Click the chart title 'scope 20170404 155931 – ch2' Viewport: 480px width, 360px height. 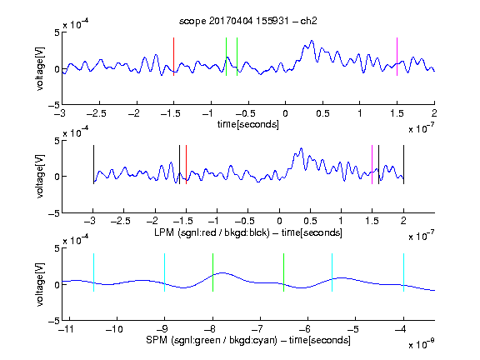(248, 21)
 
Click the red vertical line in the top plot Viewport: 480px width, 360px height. (174, 57)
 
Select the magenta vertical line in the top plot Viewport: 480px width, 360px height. (397, 57)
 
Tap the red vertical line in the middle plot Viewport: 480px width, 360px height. (186, 165)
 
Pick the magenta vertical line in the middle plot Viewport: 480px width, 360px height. (372, 165)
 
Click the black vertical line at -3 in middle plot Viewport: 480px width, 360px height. (93, 165)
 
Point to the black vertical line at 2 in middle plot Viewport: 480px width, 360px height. (404, 165)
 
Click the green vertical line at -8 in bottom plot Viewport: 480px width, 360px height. (212, 272)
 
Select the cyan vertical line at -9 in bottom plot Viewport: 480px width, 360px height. (165, 272)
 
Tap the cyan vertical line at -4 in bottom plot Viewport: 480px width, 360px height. (404, 272)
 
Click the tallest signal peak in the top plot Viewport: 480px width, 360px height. (312, 40)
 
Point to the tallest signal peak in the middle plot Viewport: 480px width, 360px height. (302, 148)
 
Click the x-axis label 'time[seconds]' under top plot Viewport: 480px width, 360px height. (248, 124)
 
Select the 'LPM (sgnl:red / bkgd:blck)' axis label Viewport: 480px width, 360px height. (212, 232)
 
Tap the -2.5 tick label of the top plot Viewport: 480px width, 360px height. (97, 113)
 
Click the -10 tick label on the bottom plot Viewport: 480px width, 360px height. (114, 329)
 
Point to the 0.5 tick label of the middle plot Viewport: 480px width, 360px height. (310, 221)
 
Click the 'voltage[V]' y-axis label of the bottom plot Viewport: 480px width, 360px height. (40, 284)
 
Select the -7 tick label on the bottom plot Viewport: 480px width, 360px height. (257, 329)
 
